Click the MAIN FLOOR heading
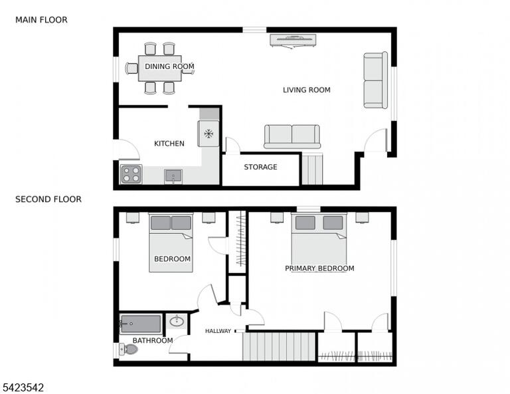[41, 20]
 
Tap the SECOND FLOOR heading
[48, 199]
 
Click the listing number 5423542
[23, 387]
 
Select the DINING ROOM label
[169, 66]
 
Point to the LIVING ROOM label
[307, 90]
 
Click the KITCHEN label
[169, 144]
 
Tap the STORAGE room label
[260, 167]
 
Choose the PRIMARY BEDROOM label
[319, 268]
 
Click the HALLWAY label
[218, 331]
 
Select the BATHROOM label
[153, 340]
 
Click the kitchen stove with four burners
[131, 174]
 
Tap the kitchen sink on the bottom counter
[173, 176]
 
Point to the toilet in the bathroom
[128, 349]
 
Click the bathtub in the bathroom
[141, 324]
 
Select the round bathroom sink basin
[177, 322]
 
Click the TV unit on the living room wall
[293, 41]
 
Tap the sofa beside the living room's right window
[375, 80]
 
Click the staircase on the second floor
[279, 346]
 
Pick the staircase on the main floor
[312, 169]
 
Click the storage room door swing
[232, 146]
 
